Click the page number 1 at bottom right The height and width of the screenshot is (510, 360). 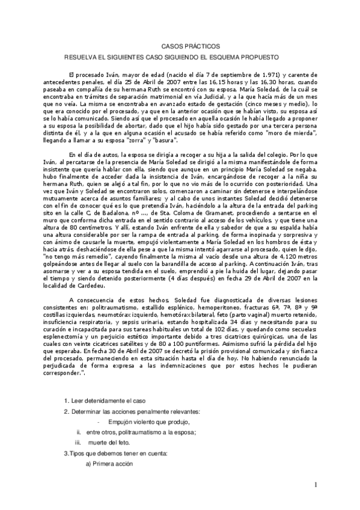[315, 485]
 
